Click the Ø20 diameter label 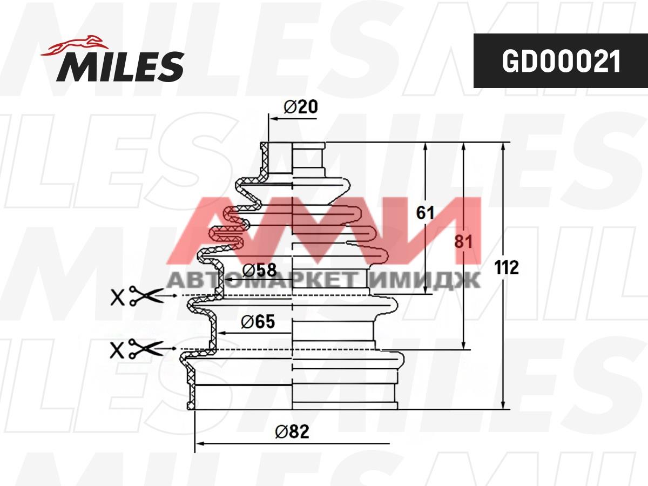tap(301, 106)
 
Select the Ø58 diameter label tap(260, 269)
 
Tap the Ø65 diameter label tap(258, 321)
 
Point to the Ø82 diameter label tap(292, 431)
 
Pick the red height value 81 tap(463, 242)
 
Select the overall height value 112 tap(507, 268)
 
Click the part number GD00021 tap(561, 62)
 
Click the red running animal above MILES tap(75, 46)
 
